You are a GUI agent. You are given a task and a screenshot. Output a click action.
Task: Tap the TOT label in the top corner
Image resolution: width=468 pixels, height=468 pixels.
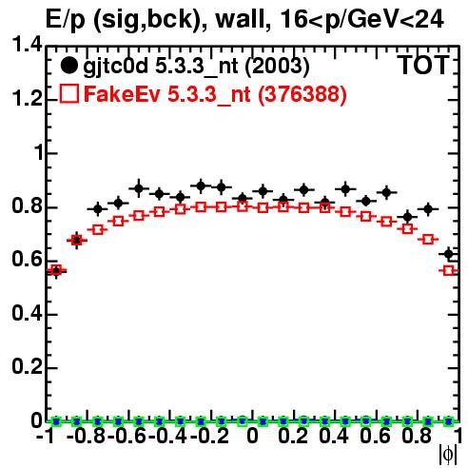[x=424, y=66]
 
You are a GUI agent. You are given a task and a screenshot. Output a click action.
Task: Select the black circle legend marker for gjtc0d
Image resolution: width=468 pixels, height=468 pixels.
[x=68, y=66]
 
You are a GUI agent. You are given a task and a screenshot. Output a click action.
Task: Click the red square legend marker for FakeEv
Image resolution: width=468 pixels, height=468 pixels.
[x=69, y=93]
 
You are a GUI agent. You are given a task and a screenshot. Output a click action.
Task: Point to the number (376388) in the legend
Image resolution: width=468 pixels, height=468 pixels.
[x=302, y=94]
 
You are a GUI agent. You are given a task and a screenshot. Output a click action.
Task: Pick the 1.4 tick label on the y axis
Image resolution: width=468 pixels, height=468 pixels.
[x=27, y=45]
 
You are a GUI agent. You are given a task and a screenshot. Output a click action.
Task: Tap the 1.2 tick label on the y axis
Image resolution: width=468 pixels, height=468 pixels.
[x=27, y=99]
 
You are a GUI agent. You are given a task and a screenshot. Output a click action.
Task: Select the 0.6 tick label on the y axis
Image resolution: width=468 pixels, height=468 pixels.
[x=27, y=260]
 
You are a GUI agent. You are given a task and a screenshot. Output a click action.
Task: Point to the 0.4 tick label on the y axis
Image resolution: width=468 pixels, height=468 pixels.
[x=27, y=313]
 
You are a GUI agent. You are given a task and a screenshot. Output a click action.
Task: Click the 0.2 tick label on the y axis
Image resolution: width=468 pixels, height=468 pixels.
[x=27, y=367]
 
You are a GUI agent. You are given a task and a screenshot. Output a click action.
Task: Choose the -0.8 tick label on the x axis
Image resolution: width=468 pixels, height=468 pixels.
[x=87, y=436]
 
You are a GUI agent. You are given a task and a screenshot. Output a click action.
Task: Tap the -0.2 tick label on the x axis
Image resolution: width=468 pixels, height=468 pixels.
[x=210, y=436]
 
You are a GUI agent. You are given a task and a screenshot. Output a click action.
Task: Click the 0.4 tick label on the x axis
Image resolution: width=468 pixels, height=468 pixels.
[x=334, y=436]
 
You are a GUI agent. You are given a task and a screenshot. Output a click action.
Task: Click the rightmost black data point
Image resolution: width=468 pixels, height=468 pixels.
[x=448, y=254]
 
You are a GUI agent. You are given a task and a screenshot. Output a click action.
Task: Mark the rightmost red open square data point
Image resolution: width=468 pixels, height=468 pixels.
[x=448, y=270]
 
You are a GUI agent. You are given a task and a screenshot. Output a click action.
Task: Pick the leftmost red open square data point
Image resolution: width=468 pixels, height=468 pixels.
[x=56, y=270]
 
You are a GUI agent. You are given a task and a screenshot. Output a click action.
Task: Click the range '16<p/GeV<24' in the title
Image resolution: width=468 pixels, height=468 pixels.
[x=361, y=20]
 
